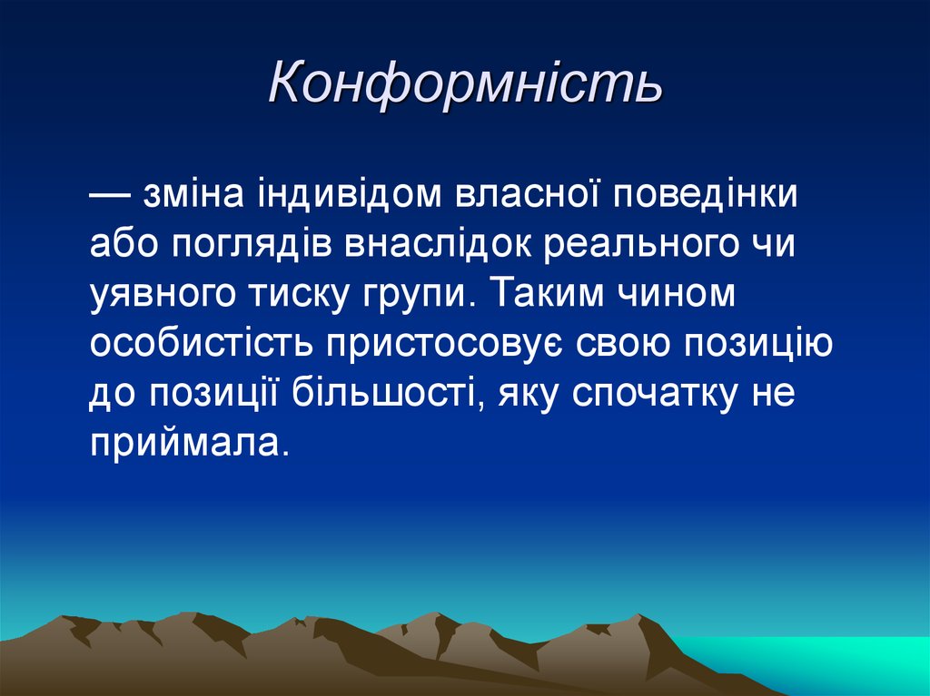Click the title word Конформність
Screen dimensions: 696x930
point(465,85)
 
